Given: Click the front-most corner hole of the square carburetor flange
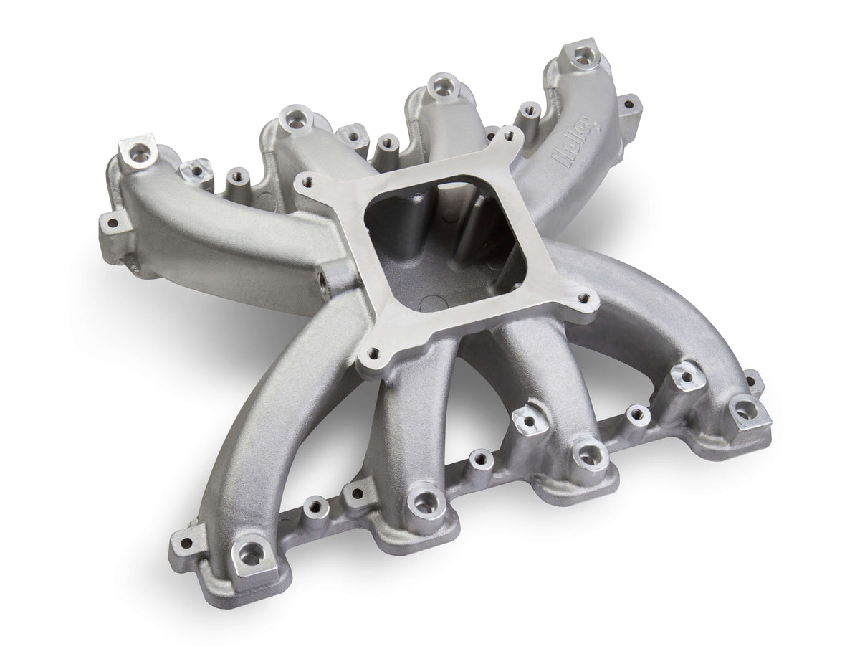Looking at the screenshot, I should tap(374, 353).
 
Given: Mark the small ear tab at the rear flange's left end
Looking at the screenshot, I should tap(109, 223).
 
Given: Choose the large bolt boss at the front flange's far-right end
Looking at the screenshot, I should tap(745, 409).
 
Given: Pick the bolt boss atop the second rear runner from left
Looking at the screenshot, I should tap(293, 117).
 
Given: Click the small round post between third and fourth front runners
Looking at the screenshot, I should tap(634, 413).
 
